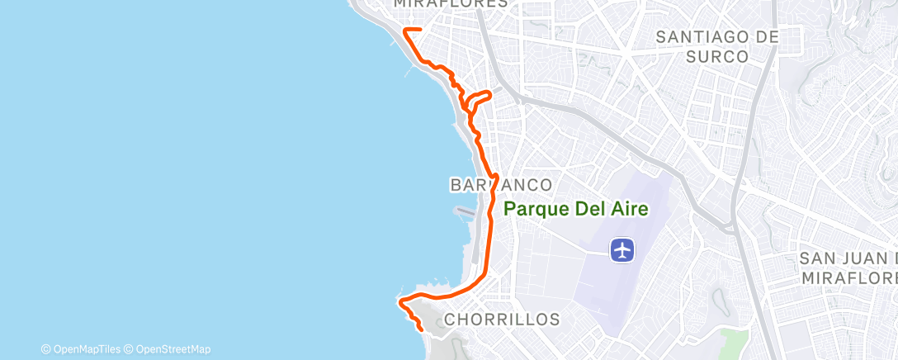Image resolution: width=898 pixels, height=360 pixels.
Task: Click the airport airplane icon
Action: point(622,249)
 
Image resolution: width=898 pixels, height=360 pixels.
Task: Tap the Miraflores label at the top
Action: point(450,4)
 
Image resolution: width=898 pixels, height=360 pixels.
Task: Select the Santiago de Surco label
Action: point(716,46)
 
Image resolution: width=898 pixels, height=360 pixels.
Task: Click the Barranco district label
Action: point(500,183)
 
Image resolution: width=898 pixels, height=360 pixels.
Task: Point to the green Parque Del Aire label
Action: point(575,209)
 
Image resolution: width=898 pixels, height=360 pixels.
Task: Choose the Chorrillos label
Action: point(502,319)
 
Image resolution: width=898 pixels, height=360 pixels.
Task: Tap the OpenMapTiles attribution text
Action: point(79,349)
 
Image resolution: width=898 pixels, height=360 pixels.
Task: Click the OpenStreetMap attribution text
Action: point(167,349)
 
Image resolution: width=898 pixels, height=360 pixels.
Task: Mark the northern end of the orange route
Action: point(420,30)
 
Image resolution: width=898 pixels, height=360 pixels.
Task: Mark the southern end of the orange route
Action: point(423,329)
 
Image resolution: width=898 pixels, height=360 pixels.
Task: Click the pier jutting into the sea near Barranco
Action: point(466,211)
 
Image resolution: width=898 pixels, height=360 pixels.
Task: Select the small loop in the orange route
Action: point(477,101)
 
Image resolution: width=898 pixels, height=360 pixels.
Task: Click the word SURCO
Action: point(716,57)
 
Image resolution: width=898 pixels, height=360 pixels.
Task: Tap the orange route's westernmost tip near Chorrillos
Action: point(400,303)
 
